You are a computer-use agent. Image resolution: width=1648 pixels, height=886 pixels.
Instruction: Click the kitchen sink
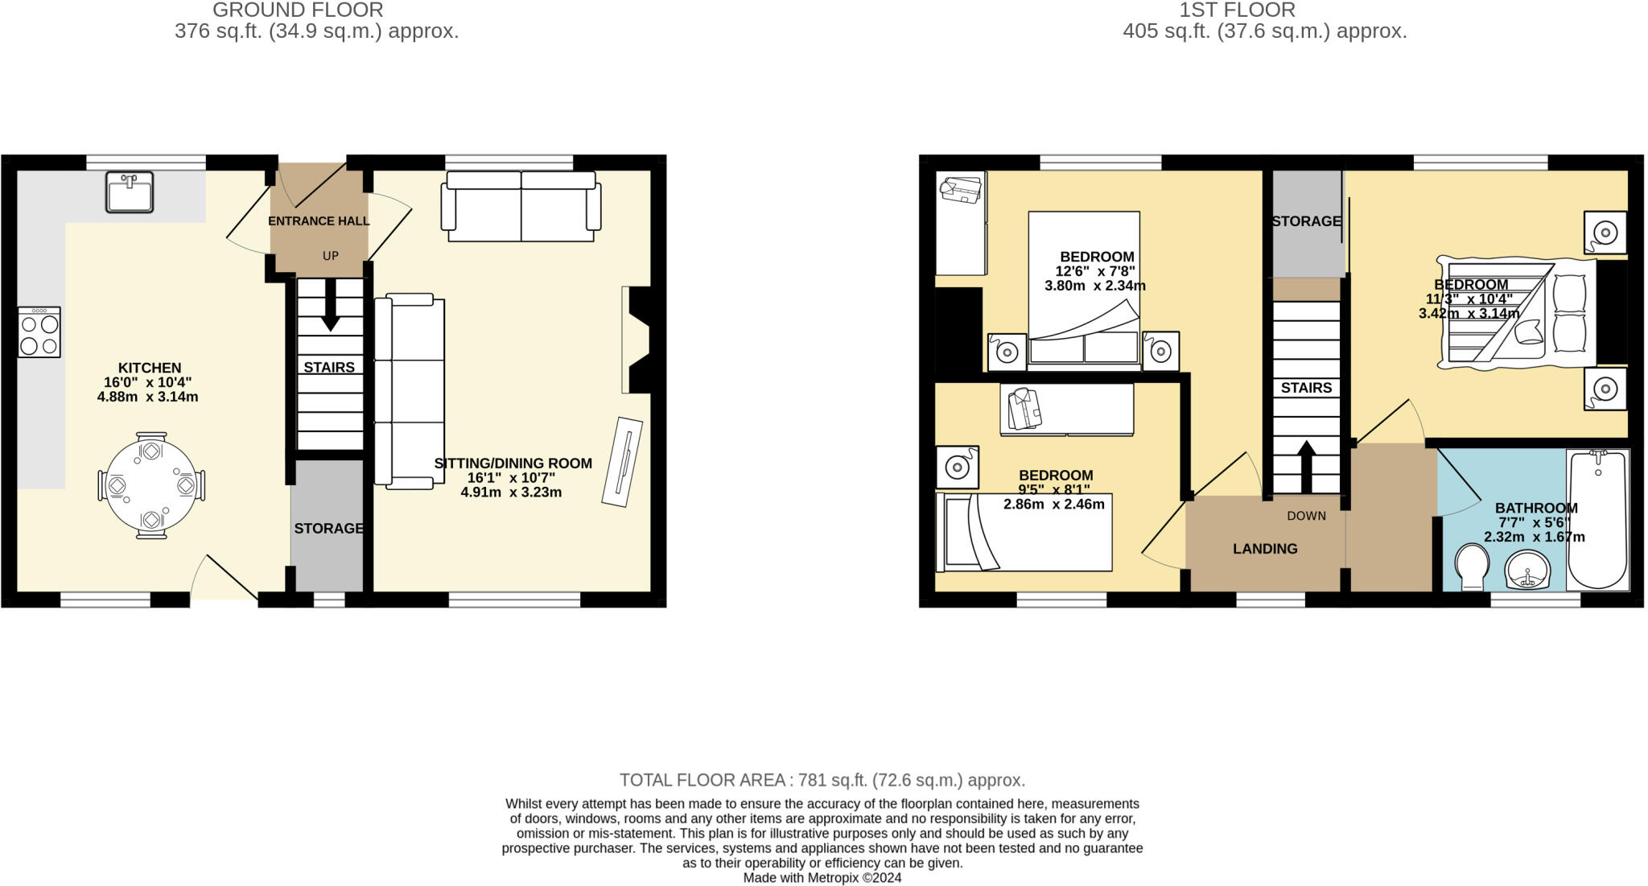tap(129, 192)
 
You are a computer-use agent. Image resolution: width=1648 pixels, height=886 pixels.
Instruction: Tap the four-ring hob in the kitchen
tap(39, 332)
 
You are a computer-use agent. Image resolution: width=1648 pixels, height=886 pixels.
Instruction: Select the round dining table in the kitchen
tap(150, 486)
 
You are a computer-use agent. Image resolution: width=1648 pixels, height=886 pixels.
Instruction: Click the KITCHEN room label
tap(150, 368)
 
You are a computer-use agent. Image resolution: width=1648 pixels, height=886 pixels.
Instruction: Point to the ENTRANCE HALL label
tap(319, 221)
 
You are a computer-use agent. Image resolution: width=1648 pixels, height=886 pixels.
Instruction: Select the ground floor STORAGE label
tap(328, 529)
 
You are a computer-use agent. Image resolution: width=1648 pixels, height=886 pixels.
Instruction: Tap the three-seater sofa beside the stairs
tap(410, 392)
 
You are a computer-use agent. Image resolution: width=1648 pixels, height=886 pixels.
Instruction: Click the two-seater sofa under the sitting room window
tap(521, 207)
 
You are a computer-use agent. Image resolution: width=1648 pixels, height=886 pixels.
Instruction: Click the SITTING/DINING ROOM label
tap(513, 464)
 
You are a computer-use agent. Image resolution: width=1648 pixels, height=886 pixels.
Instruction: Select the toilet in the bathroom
tap(1472, 567)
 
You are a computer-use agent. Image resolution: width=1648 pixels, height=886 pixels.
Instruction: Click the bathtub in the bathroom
tap(1597, 519)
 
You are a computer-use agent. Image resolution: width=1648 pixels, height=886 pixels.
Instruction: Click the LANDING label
tap(1265, 549)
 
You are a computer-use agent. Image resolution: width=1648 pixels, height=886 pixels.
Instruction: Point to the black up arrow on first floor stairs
tap(1307, 465)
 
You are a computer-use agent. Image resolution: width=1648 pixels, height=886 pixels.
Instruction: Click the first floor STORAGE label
tap(1306, 221)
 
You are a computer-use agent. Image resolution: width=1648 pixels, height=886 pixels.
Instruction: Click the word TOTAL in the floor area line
tap(647, 780)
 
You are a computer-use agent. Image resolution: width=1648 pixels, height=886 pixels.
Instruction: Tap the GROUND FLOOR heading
tap(298, 10)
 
